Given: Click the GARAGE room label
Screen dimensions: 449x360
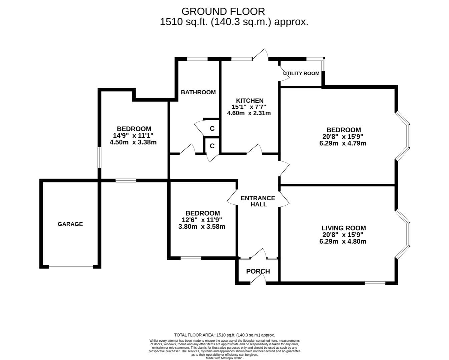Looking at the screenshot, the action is coord(70,224).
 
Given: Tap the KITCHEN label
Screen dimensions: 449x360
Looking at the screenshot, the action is coord(250,100).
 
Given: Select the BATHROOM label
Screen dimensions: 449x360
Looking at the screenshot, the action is coord(198,92).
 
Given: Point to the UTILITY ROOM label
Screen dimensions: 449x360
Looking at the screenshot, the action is coord(301,73).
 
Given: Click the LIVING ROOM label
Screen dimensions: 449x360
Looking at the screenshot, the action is coord(344,228).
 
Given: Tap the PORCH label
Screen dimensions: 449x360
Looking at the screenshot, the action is coord(258,271).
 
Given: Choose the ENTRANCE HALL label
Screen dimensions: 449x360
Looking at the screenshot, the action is coord(258,201).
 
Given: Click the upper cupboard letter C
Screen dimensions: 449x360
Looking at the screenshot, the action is coord(212,129).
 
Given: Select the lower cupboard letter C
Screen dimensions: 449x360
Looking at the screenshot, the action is coord(212,146).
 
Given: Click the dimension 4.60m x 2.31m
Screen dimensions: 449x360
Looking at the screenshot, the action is coord(249,113).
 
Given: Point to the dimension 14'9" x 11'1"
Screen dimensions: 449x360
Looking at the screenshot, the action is coord(133,135).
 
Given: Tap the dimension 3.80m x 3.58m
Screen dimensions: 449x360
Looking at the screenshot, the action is coord(202,227).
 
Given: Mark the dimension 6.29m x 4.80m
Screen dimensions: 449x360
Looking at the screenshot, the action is coord(343,241).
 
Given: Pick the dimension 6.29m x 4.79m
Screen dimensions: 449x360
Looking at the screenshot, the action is coord(343,143).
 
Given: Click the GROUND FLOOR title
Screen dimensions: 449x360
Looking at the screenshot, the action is coord(223,11).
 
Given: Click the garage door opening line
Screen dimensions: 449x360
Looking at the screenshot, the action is coord(71,266).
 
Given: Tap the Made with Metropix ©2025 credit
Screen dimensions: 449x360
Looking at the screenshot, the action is coord(224,358).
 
